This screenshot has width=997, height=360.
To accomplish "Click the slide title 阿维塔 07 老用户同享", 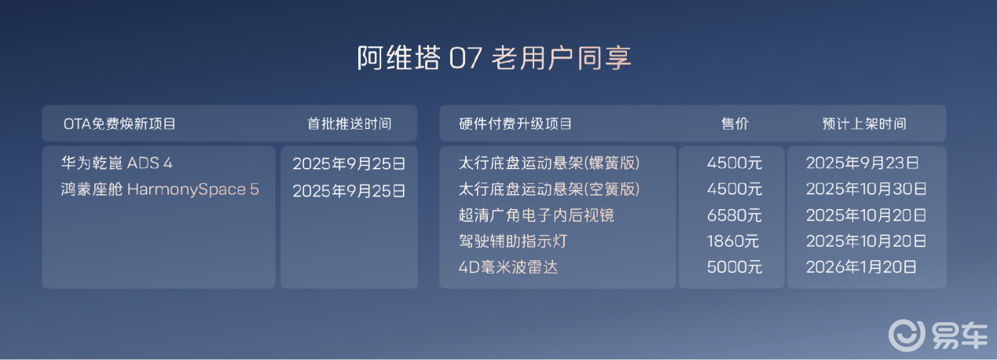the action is click(494, 58).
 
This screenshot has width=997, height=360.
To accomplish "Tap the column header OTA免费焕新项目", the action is click(119, 124).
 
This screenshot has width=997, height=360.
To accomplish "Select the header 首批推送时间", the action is click(350, 124).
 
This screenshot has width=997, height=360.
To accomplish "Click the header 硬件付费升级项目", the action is click(515, 124).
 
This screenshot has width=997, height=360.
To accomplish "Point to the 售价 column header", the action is click(735, 124).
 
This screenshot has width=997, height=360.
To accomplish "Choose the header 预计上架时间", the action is click(864, 124).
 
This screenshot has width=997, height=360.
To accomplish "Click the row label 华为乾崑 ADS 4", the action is click(116, 163).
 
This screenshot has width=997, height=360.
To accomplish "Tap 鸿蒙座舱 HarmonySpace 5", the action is click(159, 189).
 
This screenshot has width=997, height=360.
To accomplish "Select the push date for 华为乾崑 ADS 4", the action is click(349, 164).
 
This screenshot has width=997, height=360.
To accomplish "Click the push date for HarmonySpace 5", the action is click(349, 191).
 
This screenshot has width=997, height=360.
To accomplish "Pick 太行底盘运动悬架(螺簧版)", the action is click(549, 163).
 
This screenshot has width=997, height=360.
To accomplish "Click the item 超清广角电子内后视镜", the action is click(537, 215).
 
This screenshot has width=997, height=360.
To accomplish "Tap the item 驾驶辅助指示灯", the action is click(513, 241).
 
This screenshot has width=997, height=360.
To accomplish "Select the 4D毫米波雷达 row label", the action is click(508, 267).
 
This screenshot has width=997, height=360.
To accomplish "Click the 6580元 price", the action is click(735, 215).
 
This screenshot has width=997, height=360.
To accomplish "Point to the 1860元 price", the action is click(732, 241).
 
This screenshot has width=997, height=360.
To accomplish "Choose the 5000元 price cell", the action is click(735, 267).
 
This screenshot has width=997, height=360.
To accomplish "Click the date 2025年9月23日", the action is click(862, 163).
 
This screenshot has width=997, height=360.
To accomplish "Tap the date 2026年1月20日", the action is click(861, 267).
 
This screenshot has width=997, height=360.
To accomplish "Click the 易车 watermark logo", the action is click(938, 335).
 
